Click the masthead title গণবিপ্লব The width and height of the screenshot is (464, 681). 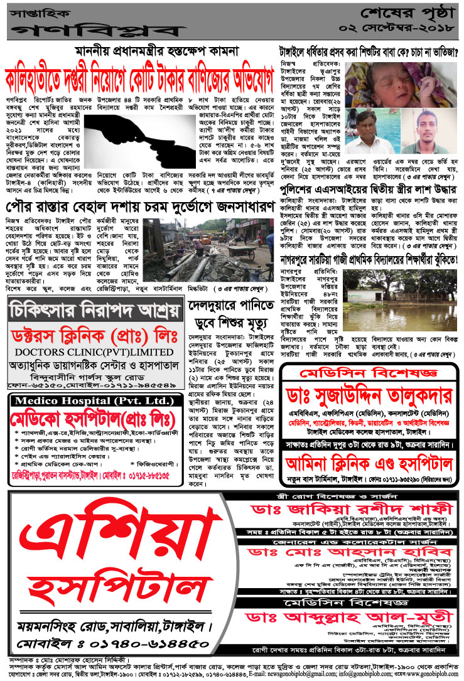pyautogui.click(x=94, y=29)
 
